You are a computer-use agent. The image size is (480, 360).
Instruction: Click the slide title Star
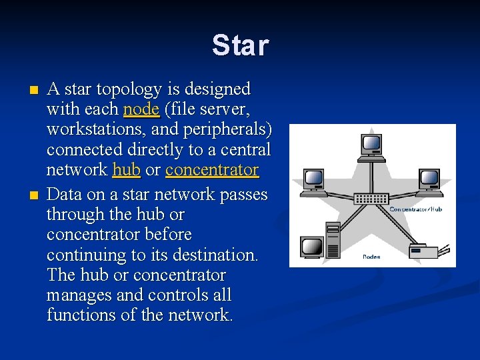coord(240,46)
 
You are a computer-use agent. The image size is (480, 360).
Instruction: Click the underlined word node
coord(141,109)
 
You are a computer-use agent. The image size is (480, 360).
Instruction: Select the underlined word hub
coord(127,170)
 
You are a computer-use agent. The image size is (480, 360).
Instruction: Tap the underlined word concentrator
coord(212,170)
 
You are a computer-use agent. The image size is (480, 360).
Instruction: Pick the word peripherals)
coord(227,129)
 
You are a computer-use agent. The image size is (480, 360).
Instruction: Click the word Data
coord(65,195)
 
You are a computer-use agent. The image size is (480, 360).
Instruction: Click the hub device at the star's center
coord(371,198)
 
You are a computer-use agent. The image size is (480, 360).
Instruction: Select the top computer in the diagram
coord(371,147)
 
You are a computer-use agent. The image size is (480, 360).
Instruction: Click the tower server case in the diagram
coord(333,240)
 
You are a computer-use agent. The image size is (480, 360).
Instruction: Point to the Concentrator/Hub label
coord(415,209)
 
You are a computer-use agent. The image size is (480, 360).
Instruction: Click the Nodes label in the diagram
coord(371,257)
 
